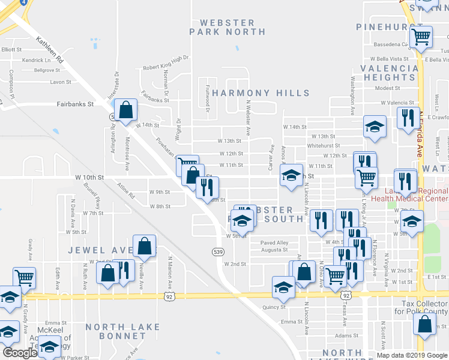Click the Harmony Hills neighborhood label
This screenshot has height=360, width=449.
261,93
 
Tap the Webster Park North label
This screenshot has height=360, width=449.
222,27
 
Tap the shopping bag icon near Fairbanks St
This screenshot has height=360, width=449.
126,110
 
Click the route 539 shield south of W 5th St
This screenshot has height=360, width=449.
218,252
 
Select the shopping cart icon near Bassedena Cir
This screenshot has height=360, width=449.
421,37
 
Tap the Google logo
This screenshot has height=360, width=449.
20,353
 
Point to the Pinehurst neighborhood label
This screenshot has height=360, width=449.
385,27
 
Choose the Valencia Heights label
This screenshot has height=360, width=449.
389,73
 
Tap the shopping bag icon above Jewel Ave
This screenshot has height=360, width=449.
145,245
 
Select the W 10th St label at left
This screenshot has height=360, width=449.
89,178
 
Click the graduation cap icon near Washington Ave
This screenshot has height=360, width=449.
375,127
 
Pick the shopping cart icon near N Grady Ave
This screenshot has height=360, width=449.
24,278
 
